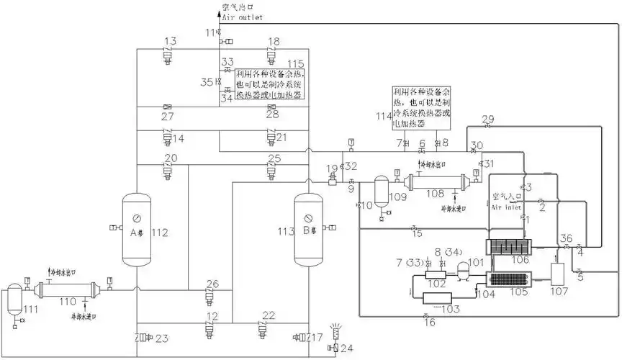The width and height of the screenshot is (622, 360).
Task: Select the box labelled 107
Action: pyautogui.click(x=557, y=278)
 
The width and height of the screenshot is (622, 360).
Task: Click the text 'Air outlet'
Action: pyautogui.click(x=242, y=17)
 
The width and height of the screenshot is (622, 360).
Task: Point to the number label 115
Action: pyautogui.click(x=295, y=65)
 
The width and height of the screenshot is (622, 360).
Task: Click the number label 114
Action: pyautogui.click(x=382, y=115)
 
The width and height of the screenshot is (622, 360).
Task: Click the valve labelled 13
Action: pyautogui.click(x=169, y=55)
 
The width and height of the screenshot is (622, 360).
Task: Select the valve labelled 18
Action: pyautogui.click(x=272, y=55)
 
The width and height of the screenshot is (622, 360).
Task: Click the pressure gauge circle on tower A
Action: pyautogui.click(x=136, y=215)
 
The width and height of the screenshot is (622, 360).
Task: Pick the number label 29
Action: pyautogui.click(x=488, y=118)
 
